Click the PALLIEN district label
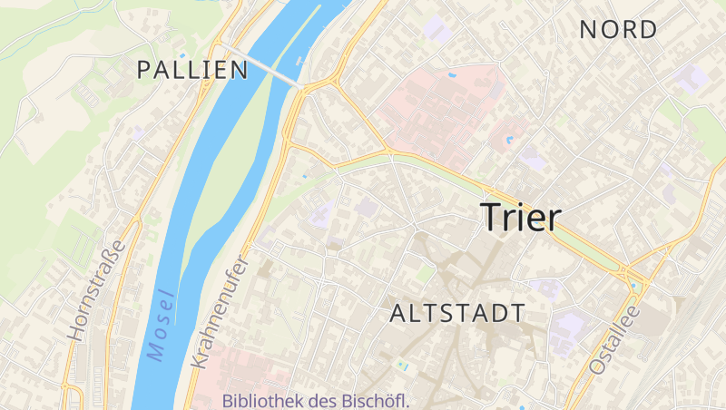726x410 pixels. coord(192,70)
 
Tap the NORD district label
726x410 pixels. coord(618,30)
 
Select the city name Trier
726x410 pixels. coord(521,218)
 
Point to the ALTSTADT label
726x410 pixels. coord(456,314)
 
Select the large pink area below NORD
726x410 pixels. coord(436,113)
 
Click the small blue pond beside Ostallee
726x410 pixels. coord(636,287)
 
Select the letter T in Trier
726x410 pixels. coord(490,218)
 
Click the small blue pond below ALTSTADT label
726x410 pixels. coord(402,366)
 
